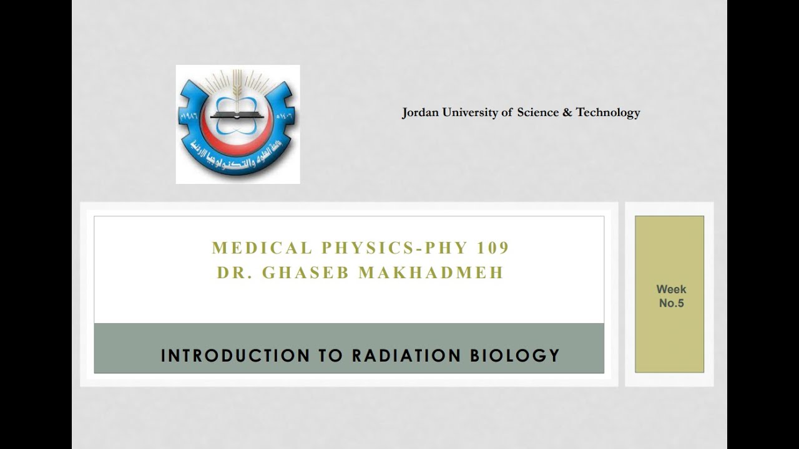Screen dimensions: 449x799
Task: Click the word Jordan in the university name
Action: click(x=421, y=113)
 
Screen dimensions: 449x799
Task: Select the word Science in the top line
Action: click(x=539, y=113)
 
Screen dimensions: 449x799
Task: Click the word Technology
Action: click(x=608, y=113)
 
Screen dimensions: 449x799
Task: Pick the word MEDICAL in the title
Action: click(x=262, y=248)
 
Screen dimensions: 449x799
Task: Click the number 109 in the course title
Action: click(x=493, y=248)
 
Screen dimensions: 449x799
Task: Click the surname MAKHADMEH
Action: click(x=431, y=273)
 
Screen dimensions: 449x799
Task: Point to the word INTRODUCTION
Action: click(x=235, y=355)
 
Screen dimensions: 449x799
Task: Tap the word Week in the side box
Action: click(x=671, y=289)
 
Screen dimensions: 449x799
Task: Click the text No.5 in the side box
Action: click(x=672, y=304)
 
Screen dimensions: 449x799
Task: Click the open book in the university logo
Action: click(x=237, y=115)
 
